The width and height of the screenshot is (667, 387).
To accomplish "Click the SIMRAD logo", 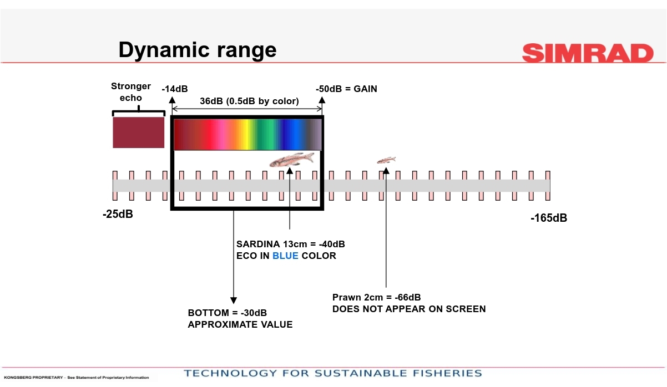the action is pyautogui.click(x=588, y=53).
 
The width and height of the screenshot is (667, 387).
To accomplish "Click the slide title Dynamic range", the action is pyautogui.click(x=198, y=50).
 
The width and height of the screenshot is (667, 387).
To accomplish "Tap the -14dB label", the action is pyautogui.click(x=175, y=89).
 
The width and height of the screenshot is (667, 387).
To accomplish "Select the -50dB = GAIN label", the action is pyautogui.click(x=346, y=89).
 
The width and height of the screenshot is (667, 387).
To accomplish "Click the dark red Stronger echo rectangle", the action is pyautogui.click(x=139, y=133).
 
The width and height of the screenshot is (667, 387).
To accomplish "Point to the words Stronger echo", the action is pyautogui.click(x=131, y=92).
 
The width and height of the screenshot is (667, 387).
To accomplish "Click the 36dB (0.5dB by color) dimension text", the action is pyautogui.click(x=249, y=101).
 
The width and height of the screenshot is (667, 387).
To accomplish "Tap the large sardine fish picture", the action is pyautogui.click(x=292, y=160).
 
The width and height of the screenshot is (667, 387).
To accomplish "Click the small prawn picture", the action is pyautogui.click(x=386, y=160).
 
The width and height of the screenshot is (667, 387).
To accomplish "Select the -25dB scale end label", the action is pyautogui.click(x=118, y=214).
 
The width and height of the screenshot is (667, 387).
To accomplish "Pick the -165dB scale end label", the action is pyautogui.click(x=549, y=218).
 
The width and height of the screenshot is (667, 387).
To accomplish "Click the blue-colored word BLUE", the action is pyautogui.click(x=285, y=256).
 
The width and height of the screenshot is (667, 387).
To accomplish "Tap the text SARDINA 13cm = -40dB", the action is pyautogui.click(x=291, y=244).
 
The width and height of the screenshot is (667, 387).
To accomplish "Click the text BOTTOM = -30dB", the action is pyautogui.click(x=227, y=313).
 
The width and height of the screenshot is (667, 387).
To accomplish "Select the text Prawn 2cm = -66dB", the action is pyautogui.click(x=376, y=298).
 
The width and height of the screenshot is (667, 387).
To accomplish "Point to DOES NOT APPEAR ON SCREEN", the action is pyautogui.click(x=409, y=309).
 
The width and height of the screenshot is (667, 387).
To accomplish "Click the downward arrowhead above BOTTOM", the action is pyautogui.click(x=234, y=300).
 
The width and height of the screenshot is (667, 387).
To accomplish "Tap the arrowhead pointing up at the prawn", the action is pyautogui.click(x=386, y=171).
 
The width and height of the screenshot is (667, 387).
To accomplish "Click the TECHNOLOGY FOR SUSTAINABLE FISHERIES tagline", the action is pyautogui.click(x=332, y=373).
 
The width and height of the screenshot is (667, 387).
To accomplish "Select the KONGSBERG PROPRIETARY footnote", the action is pyautogui.click(x=77, y=378).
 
